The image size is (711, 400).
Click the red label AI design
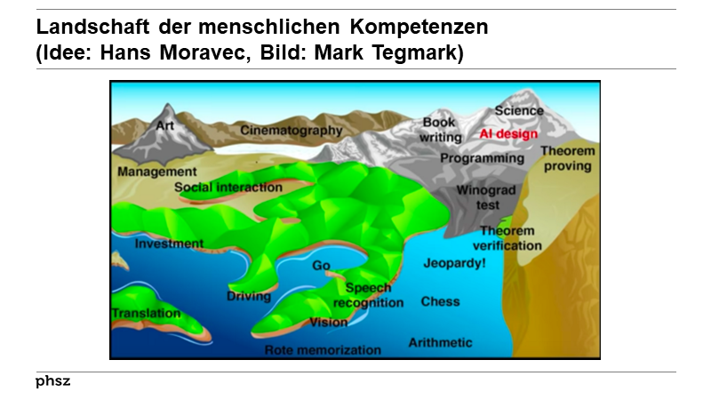(509, 133)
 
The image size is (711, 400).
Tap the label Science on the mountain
(519, 111)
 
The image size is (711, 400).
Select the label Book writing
(441, 130)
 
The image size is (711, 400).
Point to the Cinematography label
(291, 131)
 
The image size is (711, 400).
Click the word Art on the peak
(165, 125)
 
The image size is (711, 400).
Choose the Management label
(156, 171)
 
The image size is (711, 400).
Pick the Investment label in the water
(169, 244)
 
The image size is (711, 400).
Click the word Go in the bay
(321, 266)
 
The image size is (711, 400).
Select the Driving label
(249, 296)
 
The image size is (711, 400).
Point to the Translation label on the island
(146, 314)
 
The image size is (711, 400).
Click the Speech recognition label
(368, 295)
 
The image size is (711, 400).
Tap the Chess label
(440, 301)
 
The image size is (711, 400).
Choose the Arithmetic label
(440, 342)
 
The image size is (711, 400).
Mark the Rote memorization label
(323, 350)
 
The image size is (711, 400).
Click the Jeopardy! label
(454, 264)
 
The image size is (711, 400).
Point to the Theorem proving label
(567, 158)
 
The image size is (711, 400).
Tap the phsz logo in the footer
(52, 381)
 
